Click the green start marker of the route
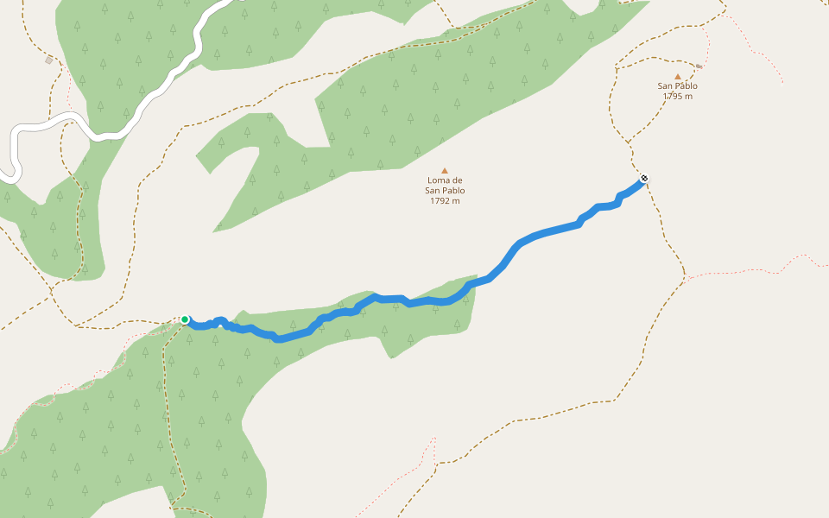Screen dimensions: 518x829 tap(185, 319)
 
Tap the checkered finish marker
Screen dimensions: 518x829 tap(643, 179)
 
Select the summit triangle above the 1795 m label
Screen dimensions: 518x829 tap(678, 76)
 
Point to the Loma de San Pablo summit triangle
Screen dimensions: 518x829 tap(445, 170)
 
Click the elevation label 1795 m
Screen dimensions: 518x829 tap(678, 96)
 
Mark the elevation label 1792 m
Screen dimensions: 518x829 tap(445, 201)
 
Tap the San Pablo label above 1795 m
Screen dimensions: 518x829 tap(678, 86)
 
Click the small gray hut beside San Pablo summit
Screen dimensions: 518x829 tap(699, 66)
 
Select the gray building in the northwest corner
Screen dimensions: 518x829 tap(49, 60)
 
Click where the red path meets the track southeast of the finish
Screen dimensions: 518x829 tap(685, 278)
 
